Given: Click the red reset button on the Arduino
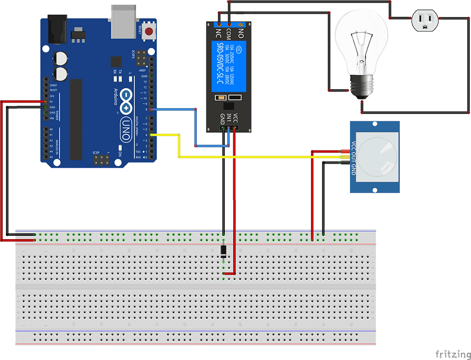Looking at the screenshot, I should point(149,31).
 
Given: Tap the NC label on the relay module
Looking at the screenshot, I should point(218,33).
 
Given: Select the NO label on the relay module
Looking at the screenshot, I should point(241,33).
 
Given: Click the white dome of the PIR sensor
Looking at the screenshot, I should point(378,157).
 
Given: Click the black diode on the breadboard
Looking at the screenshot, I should point(224,251).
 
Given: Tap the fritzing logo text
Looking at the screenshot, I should point(452,354).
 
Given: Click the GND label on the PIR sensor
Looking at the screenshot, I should point(353,169).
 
